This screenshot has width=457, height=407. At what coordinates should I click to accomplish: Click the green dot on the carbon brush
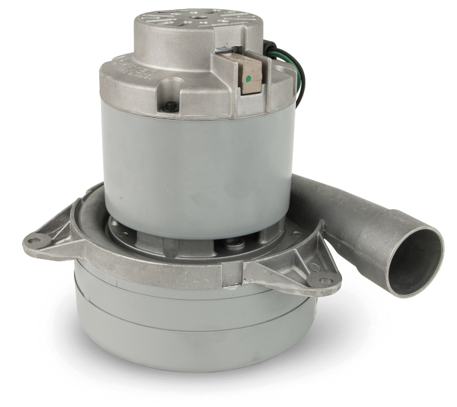pos(247,78)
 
